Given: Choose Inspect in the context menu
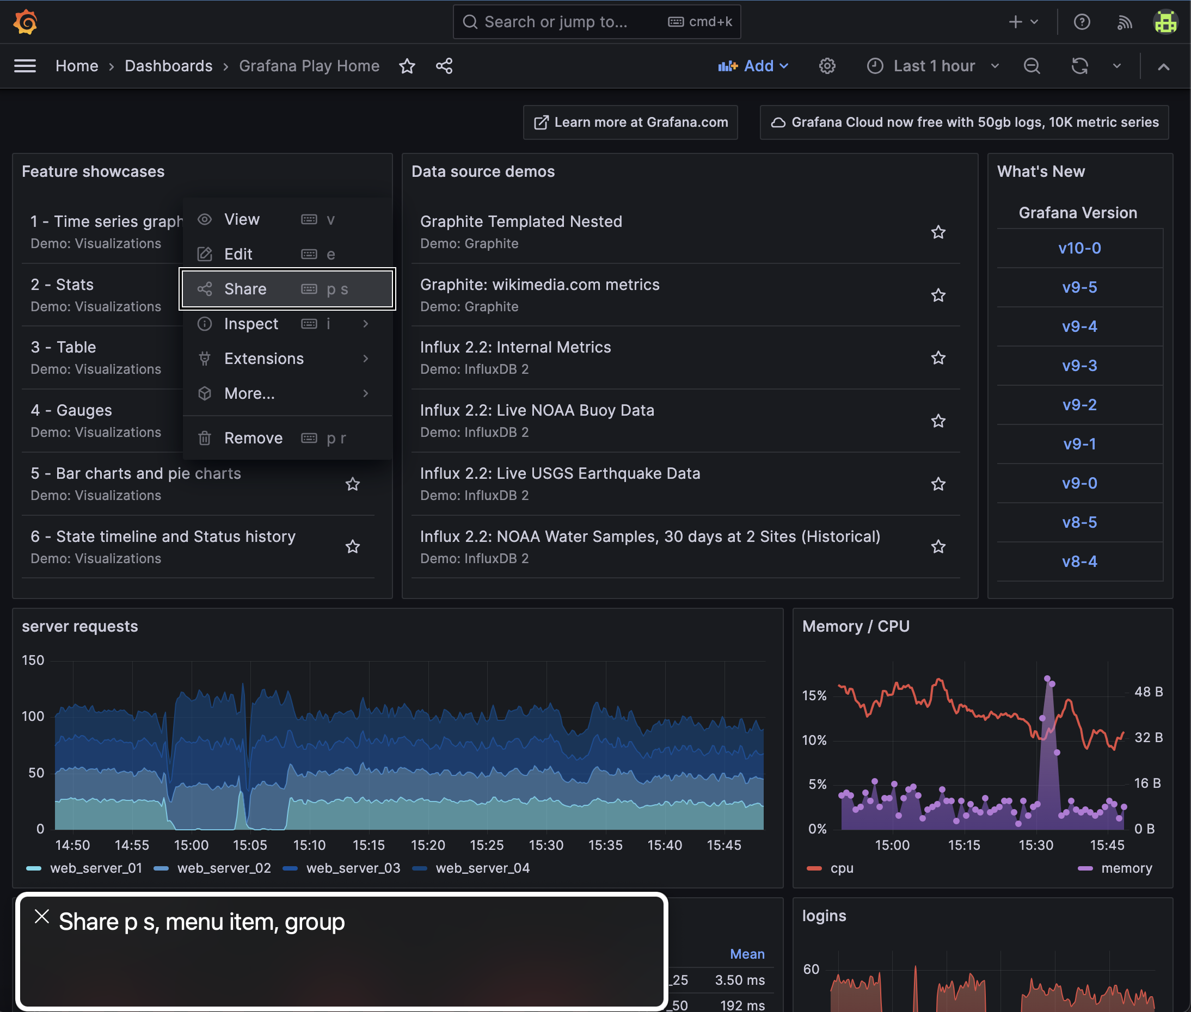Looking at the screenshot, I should tap(251, 324).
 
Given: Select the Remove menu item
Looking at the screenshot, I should tap(253, 439).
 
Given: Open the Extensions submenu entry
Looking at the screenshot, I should tap(264, 359).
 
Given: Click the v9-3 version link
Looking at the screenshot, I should tap(1079, 366).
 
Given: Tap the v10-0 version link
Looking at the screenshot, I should tap(1079, 249).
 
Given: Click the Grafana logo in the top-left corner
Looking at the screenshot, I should tap(25, 22).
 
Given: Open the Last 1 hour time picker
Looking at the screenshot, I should tap(934, 66).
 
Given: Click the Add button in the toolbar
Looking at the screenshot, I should tap(753, 66).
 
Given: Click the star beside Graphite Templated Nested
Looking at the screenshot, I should tap(938, 232).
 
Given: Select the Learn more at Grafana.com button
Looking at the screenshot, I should tap(630, 122).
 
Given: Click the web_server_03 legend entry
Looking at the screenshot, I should tap(352, 868).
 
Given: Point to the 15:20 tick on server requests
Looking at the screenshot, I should tap(428, 845).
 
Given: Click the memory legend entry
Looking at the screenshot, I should tap(1126, 868).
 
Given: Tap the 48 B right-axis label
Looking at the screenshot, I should tap(1148, 692).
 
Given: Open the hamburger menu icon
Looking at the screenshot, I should tap(25, 66).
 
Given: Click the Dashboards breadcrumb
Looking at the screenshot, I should tap(168, 66).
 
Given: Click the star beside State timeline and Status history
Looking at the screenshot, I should tap(352, 547).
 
